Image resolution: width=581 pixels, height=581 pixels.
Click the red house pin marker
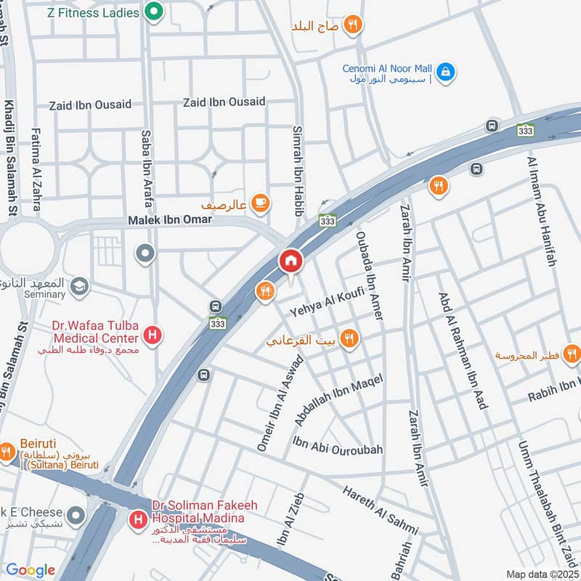(290, 261)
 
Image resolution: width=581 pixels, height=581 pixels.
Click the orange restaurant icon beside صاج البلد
(352, 25)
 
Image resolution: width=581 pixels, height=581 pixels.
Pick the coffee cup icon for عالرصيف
(260, 203)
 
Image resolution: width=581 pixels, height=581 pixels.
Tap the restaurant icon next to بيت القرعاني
(349, 338)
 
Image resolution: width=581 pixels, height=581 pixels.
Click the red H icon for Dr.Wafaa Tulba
(153, 336)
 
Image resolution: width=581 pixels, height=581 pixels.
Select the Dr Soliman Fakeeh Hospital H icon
(137, 519)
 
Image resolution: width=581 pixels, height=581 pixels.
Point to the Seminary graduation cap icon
(78, 288)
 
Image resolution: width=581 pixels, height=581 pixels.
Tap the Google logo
(30, 571)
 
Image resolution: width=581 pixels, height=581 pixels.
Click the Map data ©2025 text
(542, 574)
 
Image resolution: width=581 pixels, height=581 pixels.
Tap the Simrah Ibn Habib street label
(297, 168)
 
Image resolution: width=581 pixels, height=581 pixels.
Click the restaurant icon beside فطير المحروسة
(572, 354)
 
